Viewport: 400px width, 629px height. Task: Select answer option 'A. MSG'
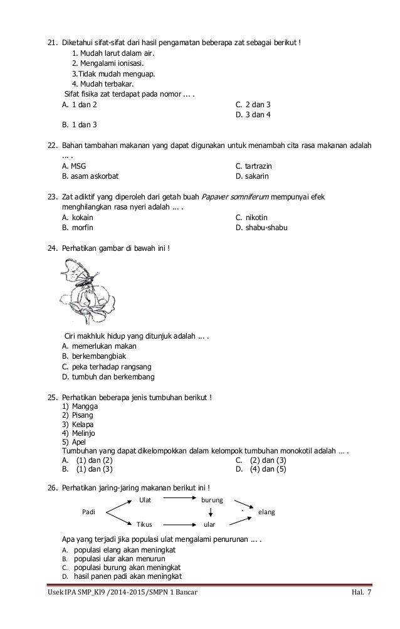tap(70, 166)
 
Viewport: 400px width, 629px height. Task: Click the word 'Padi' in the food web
tap(90, 512)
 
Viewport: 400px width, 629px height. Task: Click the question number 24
tap(53, 248)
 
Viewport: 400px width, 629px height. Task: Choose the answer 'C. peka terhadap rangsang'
tap(107, 366)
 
